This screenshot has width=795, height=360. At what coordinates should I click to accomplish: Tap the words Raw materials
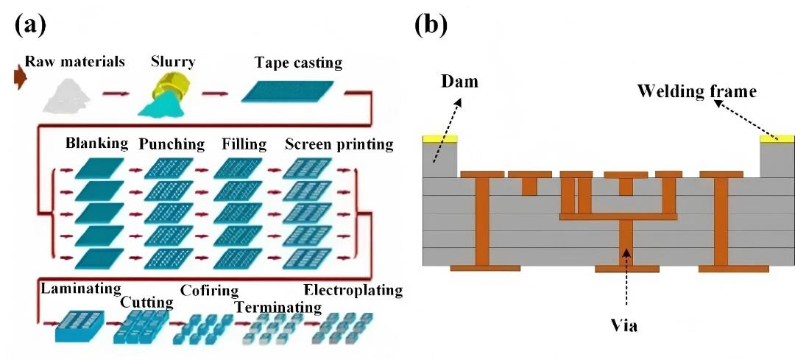point(75,61)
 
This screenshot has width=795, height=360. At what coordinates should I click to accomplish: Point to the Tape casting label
point(298,63)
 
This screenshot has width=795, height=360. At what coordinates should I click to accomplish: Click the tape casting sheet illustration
point(292,91)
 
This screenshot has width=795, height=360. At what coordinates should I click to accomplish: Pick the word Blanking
point(96,143)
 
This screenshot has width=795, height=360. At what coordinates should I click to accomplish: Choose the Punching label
point(172,144)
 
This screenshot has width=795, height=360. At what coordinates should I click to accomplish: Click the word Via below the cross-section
point(624,325)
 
